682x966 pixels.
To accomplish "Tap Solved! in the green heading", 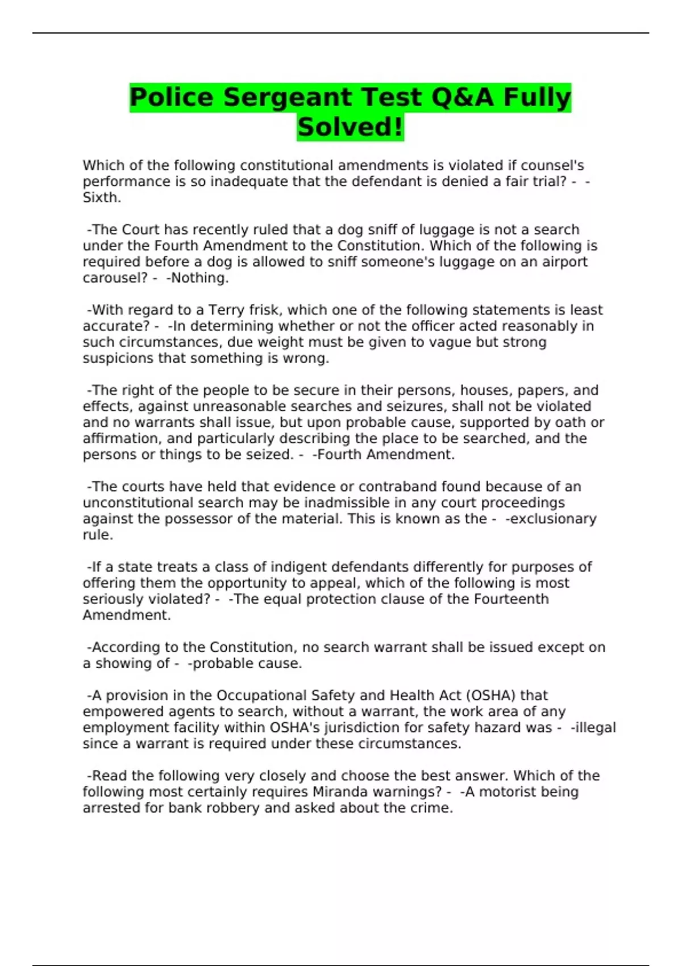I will click(350, 127).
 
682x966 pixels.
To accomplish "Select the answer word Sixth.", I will click(102, 198).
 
